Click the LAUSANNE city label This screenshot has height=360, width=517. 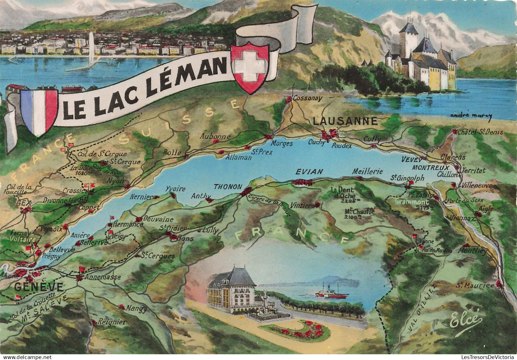click(x=345, y=121)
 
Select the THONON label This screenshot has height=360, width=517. click(x=228, y=187)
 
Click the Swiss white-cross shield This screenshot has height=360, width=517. click(x=250, y=67)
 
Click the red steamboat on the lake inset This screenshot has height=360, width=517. click(x=332, y=294)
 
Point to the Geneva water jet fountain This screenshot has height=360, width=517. click(x=92, y=48)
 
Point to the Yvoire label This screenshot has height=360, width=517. click(x=175, y=189)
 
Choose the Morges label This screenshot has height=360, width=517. click(x=282, y=144)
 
